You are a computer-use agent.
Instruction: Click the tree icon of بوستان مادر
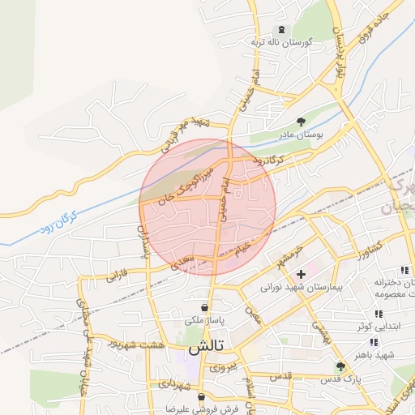point(302,122)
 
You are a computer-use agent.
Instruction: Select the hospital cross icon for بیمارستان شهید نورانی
point(301,274)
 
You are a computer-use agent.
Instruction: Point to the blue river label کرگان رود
point(56,224)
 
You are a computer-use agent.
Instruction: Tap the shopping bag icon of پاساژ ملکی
point(204,307)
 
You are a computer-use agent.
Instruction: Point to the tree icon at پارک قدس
point(340,367)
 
